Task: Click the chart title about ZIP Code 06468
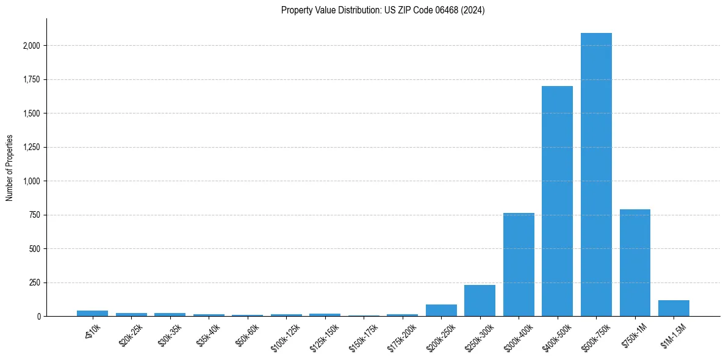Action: click(383, 10)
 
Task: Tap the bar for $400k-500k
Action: click(557, 201)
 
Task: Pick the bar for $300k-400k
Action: click(519, 265)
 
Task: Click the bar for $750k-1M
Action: click(634, 263)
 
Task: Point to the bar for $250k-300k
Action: click(480, 301)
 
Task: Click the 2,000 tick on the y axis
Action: click(31, 46)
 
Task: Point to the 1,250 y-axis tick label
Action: click(31, 147)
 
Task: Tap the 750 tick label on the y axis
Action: click(35, 215)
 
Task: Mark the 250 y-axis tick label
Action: click(35, 283)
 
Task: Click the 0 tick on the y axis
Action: click(38, 317)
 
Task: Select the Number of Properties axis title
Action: click(10, 168)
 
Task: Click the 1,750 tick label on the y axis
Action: click(31, 79)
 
